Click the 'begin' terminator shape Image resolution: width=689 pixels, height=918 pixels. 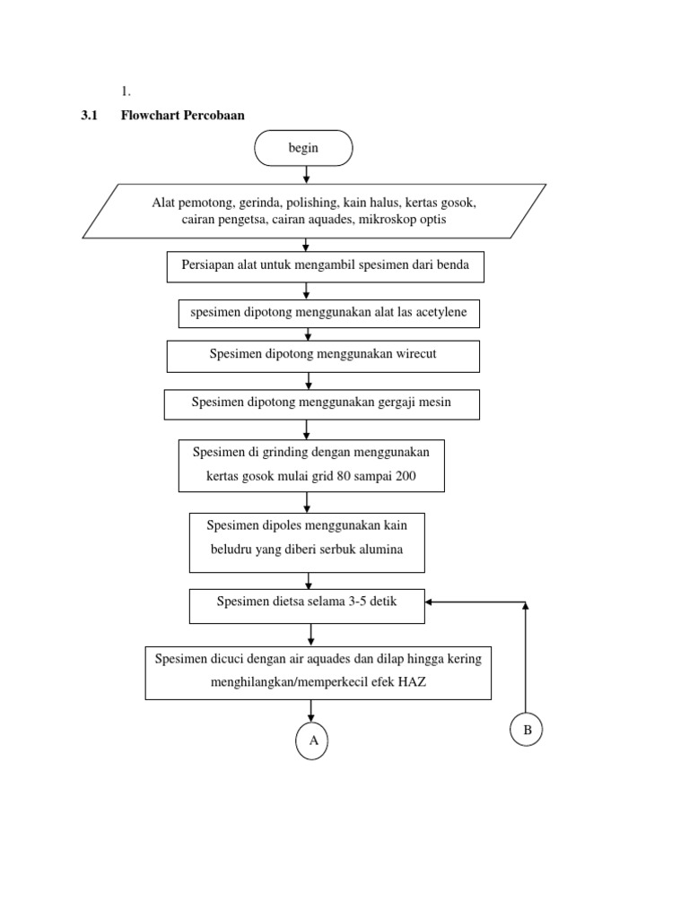[303, 149]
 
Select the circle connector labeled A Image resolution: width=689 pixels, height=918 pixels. [312, 741]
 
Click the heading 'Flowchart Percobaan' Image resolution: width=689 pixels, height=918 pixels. [182, 115]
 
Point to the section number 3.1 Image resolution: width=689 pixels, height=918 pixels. [90, 115]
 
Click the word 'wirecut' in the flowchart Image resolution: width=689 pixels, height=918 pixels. [415, 354]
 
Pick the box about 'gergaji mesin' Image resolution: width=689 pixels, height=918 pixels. [321, 403]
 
